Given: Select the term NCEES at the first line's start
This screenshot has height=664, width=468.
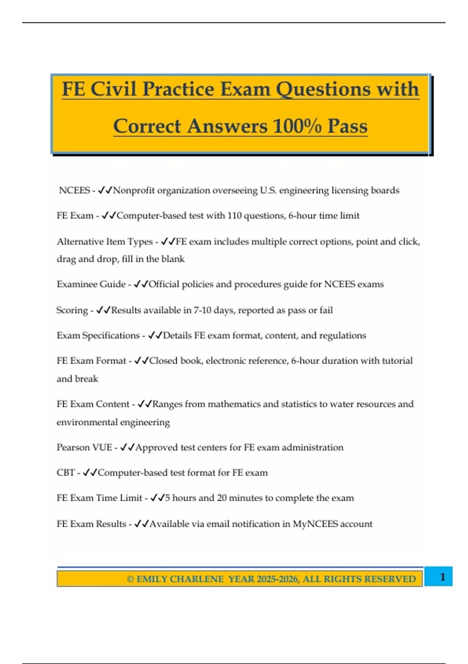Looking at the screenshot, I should [74, 190].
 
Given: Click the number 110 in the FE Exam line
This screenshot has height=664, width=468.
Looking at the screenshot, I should [234, 216].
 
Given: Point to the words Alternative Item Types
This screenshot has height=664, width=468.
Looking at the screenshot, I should [105, 242].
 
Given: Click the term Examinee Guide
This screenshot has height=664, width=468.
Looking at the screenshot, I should [91, 284].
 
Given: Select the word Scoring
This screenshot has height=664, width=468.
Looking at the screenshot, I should [72, 310].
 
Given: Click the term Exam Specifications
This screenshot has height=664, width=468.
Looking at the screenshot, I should [98, 336].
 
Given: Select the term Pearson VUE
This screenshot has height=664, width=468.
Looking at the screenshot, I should [84, 447].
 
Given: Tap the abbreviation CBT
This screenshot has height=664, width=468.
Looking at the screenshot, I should [66, 473].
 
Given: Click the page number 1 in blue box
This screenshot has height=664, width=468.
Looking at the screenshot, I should [442, 577].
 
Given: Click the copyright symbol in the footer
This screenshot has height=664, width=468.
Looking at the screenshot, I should [130, 579].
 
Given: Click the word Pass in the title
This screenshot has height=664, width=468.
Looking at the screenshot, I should [347, 126].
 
